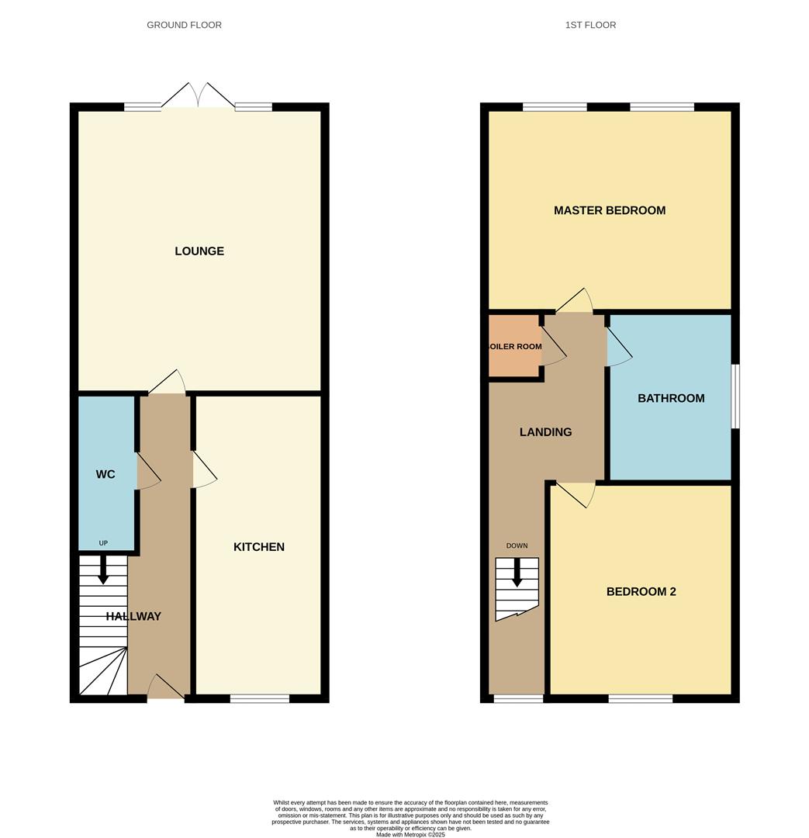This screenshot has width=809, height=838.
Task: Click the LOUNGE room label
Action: coord(199,251)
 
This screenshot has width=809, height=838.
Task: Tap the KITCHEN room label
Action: coord(259,547)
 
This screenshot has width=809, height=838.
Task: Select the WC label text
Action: coord(105,474)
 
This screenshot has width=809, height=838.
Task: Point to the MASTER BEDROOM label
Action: coord(610,210)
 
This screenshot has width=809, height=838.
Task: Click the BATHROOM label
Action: coord(671,398)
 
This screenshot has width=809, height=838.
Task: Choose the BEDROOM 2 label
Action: coord(641,591)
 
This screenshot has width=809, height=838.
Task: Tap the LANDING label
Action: coord(545,432)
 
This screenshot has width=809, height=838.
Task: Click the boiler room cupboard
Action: coord(514,346)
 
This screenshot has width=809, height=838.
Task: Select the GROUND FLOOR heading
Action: coord(185,25)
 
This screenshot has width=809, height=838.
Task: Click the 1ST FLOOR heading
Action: coord(591,25)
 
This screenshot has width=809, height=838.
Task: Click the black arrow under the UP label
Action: coord(103,570)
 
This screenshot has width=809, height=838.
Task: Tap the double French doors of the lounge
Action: coord(199,96)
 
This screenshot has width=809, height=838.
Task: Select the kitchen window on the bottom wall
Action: coord(260,699)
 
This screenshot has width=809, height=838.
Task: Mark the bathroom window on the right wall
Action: coord(735,396)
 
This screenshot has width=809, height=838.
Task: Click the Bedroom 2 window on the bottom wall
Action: coord(640,699)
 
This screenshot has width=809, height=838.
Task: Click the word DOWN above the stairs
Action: coord(517,545)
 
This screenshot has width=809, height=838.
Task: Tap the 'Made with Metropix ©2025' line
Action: coord(410,835)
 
